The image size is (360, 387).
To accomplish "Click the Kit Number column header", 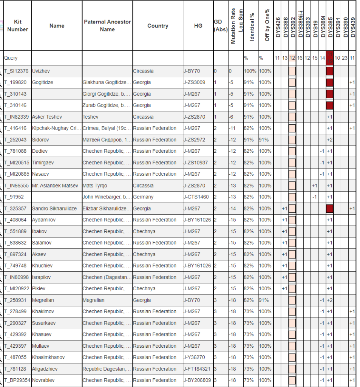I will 18,25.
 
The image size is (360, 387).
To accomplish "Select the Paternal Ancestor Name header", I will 107,25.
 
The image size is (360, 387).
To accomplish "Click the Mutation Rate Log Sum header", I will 233,26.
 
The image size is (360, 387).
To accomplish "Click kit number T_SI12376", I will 17,71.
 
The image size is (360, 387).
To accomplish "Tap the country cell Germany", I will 144,197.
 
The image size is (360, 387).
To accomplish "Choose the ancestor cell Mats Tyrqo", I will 95,186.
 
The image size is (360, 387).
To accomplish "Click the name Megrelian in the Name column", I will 43,300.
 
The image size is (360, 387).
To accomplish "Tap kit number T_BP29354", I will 17,380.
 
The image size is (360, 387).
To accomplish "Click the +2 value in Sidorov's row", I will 329,140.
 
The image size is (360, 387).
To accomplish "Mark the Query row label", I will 11,58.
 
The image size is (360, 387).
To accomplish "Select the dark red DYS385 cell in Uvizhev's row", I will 329,71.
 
